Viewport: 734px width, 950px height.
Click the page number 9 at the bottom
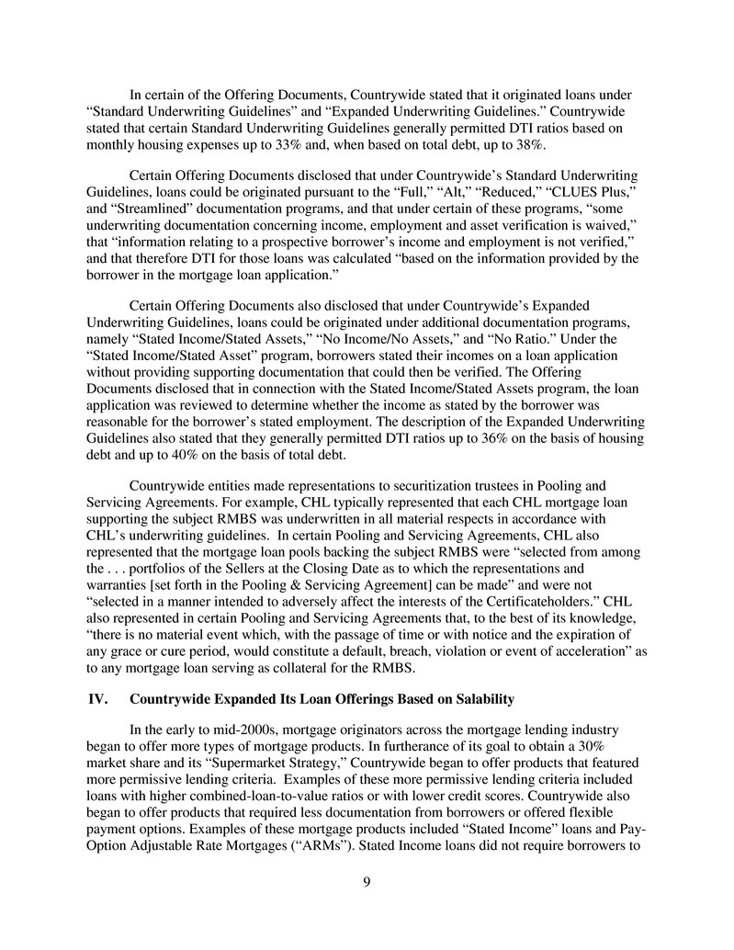367,888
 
